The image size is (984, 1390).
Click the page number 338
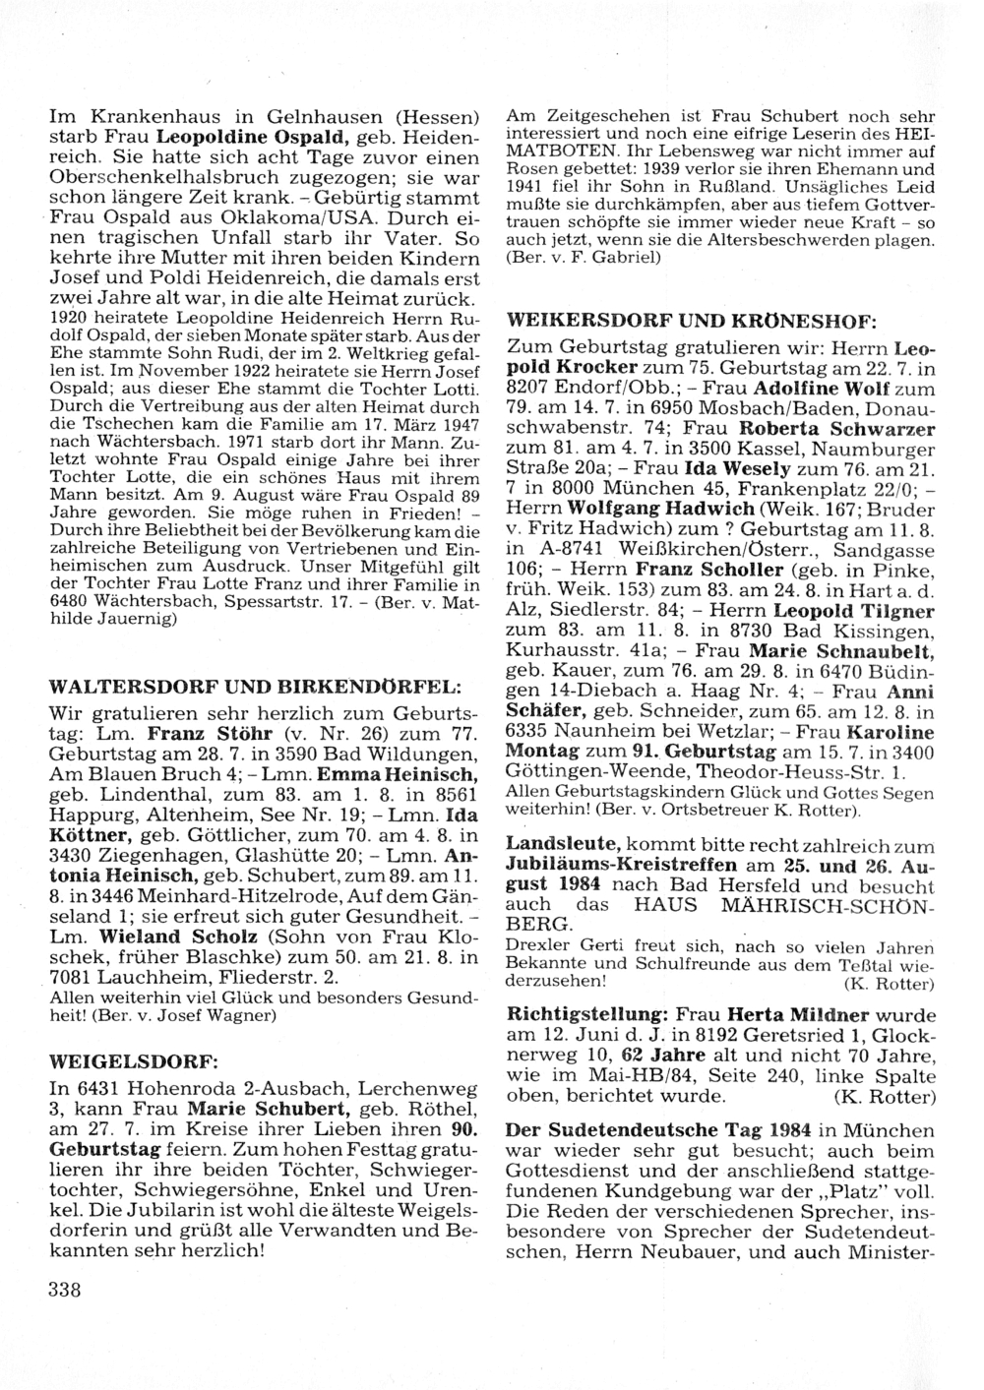pyautogui.click(x=64, y=1291)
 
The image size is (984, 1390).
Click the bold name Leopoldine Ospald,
pyautogui.click(x=263, y=137)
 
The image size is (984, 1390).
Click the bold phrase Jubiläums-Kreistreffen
pyautogui.click(x=621, y=864)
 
